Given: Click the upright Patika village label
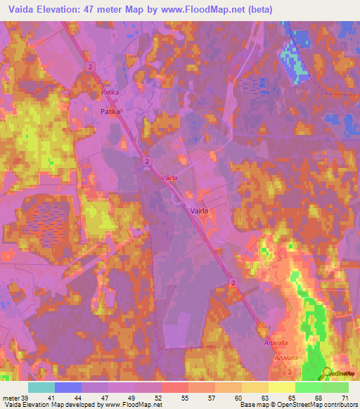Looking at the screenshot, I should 110,112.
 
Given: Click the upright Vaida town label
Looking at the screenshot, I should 200,210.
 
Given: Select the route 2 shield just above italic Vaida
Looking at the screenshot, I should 146,162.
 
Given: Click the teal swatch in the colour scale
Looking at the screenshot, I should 41,387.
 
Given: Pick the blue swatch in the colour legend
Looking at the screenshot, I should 68,387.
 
